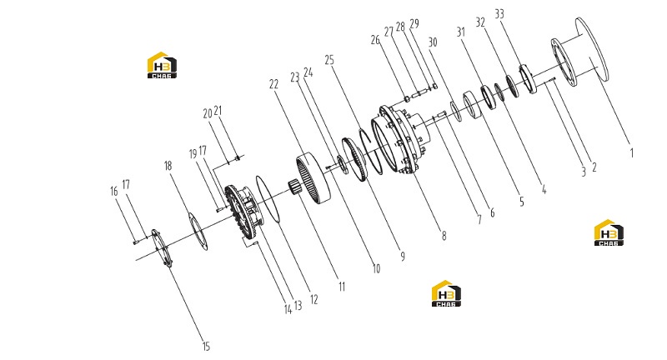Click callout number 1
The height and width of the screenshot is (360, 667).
pyautogui.click(x=632, y=153)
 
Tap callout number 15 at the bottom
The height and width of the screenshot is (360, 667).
pyautogui.click(x=206, y=347)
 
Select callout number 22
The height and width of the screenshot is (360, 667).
pyautogui.click(x=273, y=84)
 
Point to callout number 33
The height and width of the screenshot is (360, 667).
pyautogui.click(x=499, y=14)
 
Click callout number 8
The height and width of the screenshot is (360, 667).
pyautogui.click(x=444, y=236)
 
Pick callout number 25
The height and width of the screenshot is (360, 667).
pyautogui.click(x=329, y=60)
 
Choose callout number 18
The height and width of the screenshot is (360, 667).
pyautogui.click(x=168, y=166)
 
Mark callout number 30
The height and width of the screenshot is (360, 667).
pyautogui.click(x=432, y=42)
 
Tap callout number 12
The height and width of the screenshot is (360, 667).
pyautogui.click(x=314, y=300)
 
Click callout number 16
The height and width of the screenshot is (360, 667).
pyautogui.click(x=113, y=192)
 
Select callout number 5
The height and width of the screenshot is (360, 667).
pyautogui.click(x=522, y=202)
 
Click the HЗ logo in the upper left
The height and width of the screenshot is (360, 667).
pyautogui.click(x=162, y=65)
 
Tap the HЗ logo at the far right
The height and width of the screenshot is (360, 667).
pyautogui.click(x=609, y=232)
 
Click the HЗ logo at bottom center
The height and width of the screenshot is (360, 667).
pyautogui.click(x=446, y=293)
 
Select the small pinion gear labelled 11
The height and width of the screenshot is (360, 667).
pyautogui.click(x=293, y=187)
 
